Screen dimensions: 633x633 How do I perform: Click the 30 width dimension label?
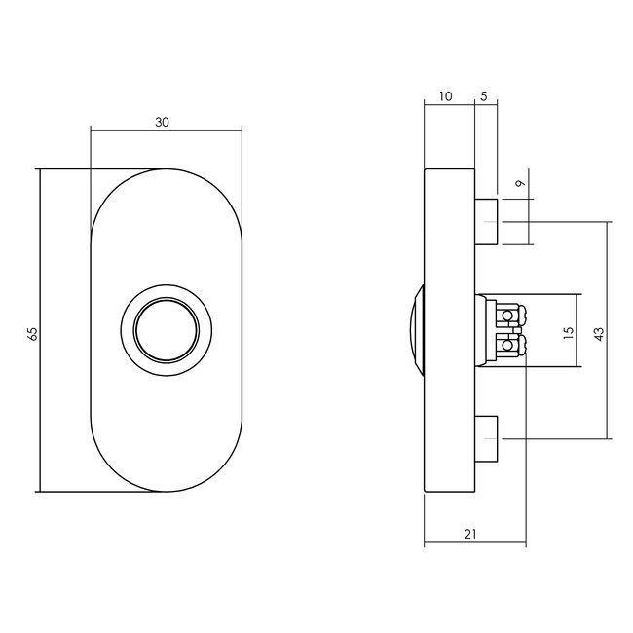(x=163, y=122)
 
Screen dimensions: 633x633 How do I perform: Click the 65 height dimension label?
(x=32, y=333)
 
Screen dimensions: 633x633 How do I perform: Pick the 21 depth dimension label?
(x=471, y=534)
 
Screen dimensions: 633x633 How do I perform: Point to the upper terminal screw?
(x=507, y=316)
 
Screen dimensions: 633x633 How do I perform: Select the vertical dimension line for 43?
(x=609, y=390)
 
